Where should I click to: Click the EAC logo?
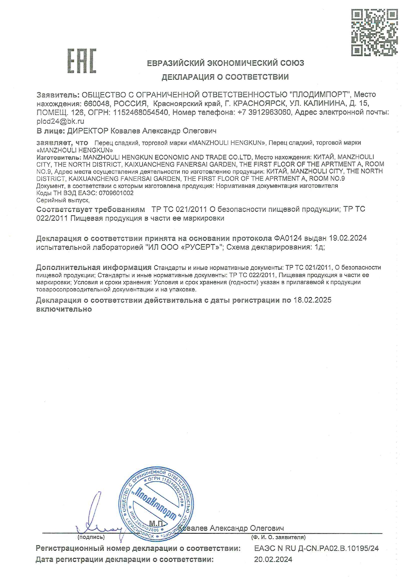click(x=82, y=61)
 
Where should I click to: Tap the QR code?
click(x=374, y=32)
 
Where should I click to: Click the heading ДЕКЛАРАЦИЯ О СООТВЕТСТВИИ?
click(x=225, y=77)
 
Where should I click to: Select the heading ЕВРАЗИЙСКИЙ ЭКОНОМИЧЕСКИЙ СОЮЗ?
click(x=225, y=63)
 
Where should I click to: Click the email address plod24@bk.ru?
click(x=60, y=121)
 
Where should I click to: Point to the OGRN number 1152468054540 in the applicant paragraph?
click(x=141, y=112)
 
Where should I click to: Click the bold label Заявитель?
click(x=58, y=95)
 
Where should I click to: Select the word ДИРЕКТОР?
click(x=88, y=130)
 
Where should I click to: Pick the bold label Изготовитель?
click(x=58, y=157)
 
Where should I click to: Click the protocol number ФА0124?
click(x=288, y=238)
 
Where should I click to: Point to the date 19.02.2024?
click(x=348, y=238)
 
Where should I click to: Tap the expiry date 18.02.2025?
click(x=312, y=300)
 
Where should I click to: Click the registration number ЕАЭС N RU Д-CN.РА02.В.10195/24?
click(x=316, y=548)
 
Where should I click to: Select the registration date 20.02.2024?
click(x=273, y=559)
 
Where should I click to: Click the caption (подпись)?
click(x=91, y=537)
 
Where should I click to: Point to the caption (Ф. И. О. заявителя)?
click(x=278, y=537)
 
